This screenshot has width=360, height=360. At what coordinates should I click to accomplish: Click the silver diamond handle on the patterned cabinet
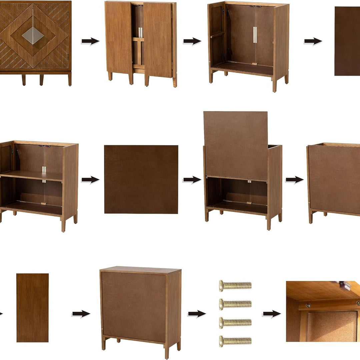(33, 35)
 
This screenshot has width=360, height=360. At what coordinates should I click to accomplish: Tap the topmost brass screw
(235, 286)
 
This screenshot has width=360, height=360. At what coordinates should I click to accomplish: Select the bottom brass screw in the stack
(235, 341)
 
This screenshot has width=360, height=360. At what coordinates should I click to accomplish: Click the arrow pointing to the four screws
(197, 314)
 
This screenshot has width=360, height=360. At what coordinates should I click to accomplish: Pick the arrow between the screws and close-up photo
(271, 314)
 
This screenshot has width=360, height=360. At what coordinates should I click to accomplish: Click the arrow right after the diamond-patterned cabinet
(90, 41)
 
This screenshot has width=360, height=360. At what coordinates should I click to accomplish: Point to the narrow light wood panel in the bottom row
(32, 308)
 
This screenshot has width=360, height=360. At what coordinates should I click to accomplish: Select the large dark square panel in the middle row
(141, 179)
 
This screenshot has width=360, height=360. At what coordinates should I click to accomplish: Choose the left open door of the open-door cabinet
(119, 38)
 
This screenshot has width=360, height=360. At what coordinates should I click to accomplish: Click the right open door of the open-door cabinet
(157, 40)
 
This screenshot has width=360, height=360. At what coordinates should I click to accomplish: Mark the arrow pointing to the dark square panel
(90, 180)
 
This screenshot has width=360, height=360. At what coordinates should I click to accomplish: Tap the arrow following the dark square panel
(192, 180)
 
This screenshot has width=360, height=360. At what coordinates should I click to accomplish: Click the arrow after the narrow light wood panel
(81, 314)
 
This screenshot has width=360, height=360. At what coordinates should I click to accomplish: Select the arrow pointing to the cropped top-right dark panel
(313, 41)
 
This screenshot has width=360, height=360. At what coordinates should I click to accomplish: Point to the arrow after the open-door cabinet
(192, 41)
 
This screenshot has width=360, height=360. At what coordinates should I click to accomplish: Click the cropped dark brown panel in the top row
(347, 41)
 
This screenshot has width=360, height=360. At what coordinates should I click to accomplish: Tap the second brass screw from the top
(235, 304)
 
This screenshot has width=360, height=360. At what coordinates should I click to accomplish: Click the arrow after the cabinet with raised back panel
(294, 180)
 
